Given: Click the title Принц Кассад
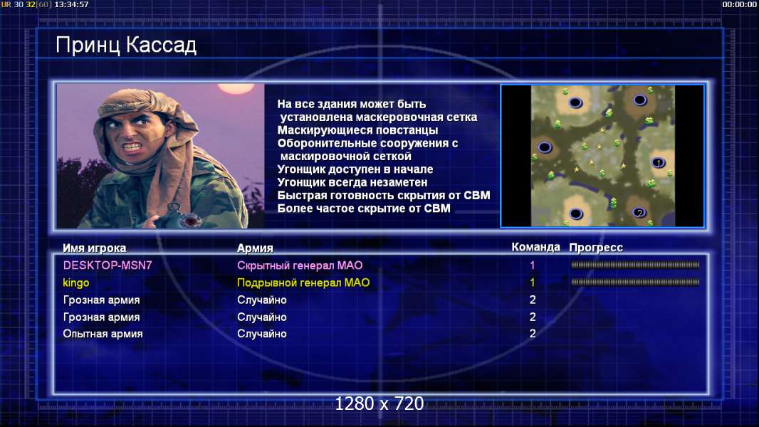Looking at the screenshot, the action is click(x=126, y=46).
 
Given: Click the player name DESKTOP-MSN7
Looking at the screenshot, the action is click(x=108, y=265).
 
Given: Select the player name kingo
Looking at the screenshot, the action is click(x=76, y=283).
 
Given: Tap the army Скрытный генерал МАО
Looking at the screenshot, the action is click(x=300, y=265).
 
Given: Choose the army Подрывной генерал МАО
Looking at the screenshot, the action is click(x=303, y=283).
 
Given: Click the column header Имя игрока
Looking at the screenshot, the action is click(x=95, y=248).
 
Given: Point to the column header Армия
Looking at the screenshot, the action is click(x=255, y=248).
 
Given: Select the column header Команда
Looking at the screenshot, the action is click(x=536, y=247).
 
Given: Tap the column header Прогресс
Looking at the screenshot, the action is click(x=596, y=248).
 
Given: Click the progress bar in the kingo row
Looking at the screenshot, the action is click(x=635, y=282).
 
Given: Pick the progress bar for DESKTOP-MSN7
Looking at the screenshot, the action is click(x=635, y=265).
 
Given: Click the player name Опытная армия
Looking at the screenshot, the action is click(x=103, y=334).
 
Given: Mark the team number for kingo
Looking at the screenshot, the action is click(x=533, y=283).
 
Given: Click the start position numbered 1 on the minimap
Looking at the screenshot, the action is click(x=659, y=163).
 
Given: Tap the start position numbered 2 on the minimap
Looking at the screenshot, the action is click(x=639, y=213).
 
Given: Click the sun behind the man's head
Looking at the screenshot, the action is click(x=236, y=88).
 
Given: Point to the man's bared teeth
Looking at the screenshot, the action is click(x=132, y=146).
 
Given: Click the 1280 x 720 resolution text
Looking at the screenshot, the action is click(x=379, y=404).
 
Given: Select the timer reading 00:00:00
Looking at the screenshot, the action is click(x=739, y=4).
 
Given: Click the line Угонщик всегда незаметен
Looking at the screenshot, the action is click(x=352, y=182).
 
